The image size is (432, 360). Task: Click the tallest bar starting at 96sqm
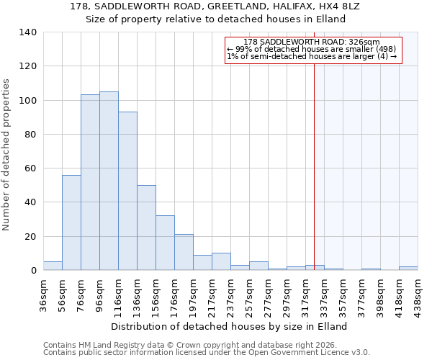(x=109, y=181)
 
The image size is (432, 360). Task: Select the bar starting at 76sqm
(x=90, y=182)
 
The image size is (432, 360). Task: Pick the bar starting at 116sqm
(x=127, y=191)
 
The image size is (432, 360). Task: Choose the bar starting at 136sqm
(x=146, y=228)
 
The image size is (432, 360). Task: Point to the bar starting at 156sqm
(x=165, y=243)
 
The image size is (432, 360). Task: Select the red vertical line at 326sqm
(x=315, y=166)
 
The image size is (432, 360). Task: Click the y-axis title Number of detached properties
(x=7, y=156)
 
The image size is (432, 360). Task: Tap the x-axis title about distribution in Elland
(x=230, y=326)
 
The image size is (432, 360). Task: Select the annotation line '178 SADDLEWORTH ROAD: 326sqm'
(x=312, y=42)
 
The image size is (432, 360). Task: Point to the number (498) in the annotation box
(x=381, y=49)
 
